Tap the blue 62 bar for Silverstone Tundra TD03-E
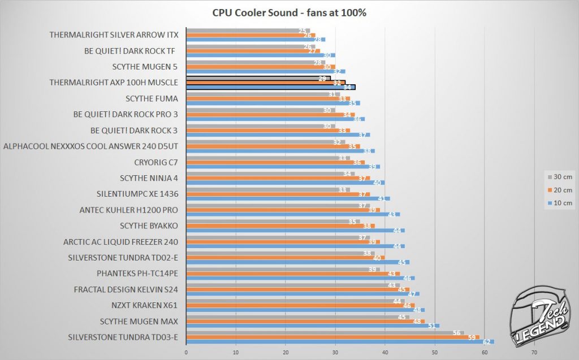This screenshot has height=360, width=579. [339, 342]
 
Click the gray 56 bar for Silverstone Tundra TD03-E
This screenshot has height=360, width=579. [325, 333]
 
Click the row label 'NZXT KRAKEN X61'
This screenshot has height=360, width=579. [145, 306]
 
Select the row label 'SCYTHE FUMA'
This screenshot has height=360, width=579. [152, 98]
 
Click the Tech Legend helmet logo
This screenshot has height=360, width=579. [539, 317]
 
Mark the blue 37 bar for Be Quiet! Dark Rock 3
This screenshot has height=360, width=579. [278, 135]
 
